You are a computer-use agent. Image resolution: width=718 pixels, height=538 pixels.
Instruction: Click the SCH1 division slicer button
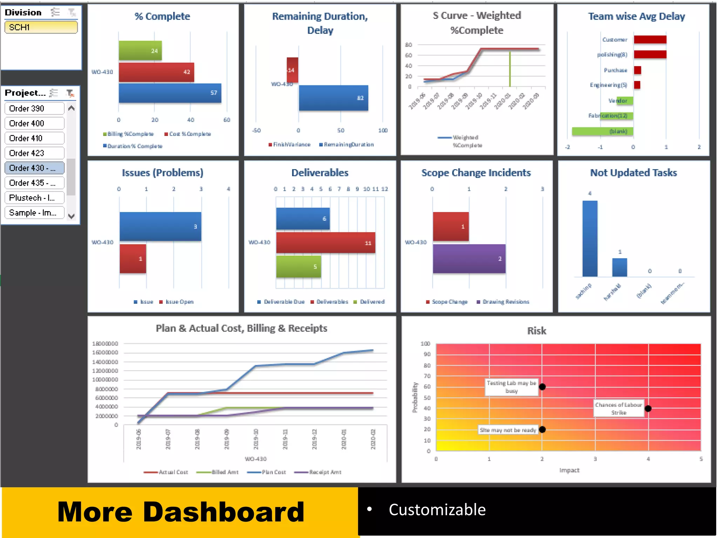pos(41,27)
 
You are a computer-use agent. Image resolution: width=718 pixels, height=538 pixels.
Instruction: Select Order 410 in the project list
pos(34,138)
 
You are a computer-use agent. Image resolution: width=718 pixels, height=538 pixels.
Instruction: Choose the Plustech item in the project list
pos(34,198)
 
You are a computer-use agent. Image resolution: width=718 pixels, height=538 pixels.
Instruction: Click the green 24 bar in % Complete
pos(140,50)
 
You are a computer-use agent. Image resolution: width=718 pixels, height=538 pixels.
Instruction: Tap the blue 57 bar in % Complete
pos(170,93)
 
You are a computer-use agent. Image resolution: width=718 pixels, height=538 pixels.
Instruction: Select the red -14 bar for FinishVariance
pos(292,70)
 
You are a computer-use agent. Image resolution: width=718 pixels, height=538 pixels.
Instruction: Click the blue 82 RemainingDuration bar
pos(333,98)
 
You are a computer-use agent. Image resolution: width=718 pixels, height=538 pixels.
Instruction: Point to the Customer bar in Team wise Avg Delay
pos(650,40)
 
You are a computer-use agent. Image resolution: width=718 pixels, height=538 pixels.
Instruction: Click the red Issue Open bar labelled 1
pos(133,258)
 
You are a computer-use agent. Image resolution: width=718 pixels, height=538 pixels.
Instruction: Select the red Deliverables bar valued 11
pos(325,242)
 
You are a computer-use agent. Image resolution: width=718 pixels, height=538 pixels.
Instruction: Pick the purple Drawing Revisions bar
pos(469,258)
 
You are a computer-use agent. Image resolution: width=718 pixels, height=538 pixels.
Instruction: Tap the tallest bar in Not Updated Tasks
pos(590,238)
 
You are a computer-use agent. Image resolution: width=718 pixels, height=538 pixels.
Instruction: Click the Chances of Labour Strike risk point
pos(648,408)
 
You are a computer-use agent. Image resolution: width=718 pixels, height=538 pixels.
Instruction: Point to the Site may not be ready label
pos(508,430)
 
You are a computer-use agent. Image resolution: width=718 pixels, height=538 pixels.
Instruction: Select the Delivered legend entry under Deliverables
pos(372,302)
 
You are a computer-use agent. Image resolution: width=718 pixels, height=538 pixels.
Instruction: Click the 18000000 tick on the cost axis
pos(105,344)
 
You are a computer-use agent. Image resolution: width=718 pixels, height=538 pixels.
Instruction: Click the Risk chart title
pos(536,331)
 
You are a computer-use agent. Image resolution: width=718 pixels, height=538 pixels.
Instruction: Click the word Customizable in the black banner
pos(437,510)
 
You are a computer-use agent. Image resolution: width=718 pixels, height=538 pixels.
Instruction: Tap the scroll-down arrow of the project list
pos(71,216)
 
